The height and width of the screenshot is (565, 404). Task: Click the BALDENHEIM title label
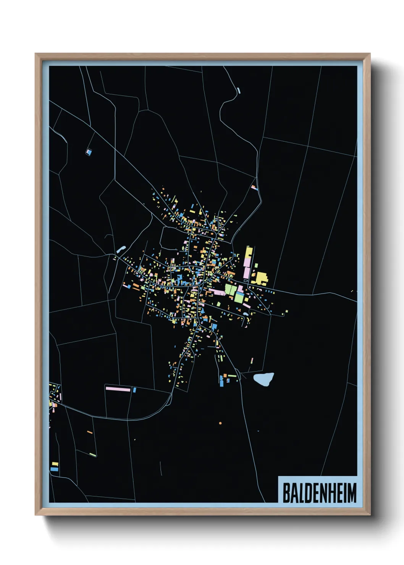tap(319, 492)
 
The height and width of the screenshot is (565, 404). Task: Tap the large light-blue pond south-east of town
tap(264, 379)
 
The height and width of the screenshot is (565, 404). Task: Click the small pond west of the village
tap(121, 249)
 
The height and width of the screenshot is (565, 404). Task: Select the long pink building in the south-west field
tap(118, 389)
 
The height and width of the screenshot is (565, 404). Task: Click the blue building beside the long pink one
tap(134, 390)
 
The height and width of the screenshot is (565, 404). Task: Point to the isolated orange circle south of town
tap(220, 423)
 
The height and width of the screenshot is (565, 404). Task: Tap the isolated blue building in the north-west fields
tap(89, 152)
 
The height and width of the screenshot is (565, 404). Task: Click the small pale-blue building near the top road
tap(239, 90)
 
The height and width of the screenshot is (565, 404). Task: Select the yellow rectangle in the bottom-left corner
tap(55, 464)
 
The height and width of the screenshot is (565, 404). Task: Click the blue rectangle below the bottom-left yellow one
tap(54, 469)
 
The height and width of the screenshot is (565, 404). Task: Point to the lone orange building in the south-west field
tap(90, 432)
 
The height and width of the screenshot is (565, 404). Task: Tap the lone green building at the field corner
tap(93, 454)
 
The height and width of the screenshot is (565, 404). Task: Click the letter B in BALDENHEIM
tap(286, 493)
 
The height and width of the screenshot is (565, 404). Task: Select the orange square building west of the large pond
tap(225, 376)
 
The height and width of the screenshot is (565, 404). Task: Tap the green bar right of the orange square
tap(232, 376)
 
